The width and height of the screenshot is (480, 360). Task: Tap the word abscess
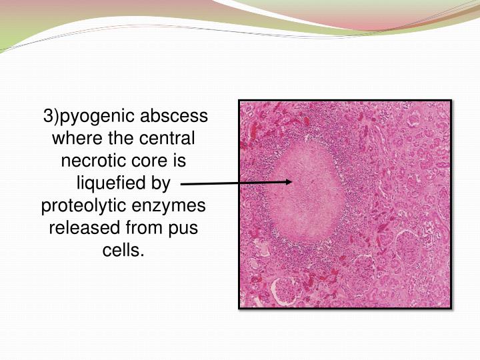point(177,117)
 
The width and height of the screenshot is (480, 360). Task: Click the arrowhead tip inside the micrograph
point(292,181)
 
